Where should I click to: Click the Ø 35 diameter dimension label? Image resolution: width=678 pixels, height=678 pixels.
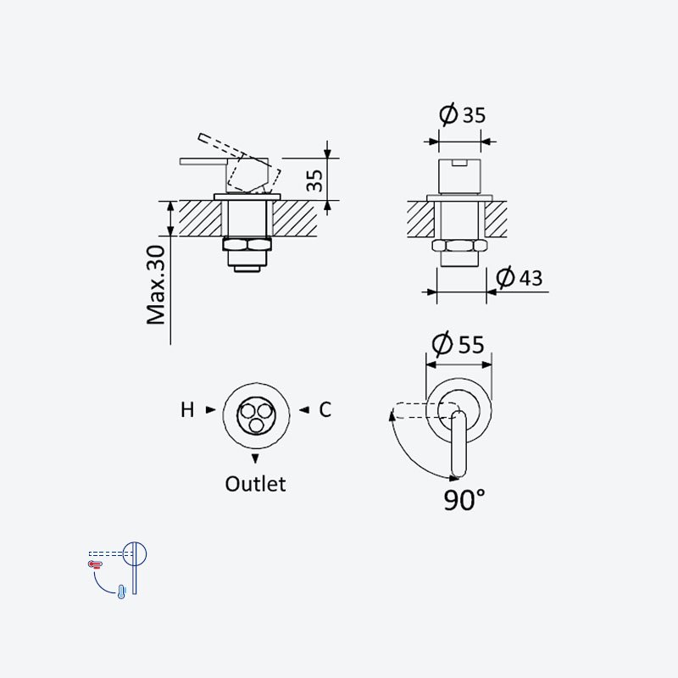(x=462, y=114)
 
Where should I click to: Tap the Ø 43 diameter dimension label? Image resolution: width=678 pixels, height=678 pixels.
(x=519, y=277)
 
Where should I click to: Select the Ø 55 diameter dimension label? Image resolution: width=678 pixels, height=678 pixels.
(x=458, y=344)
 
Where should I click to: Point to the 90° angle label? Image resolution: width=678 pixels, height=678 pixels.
(x=464, y=500)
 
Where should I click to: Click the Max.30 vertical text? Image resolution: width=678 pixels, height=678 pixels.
(x=156, y=285)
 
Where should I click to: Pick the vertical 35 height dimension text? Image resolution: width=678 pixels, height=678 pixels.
(x=314, y=181)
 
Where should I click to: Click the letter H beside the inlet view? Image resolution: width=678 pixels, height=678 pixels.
(x=187, y=410)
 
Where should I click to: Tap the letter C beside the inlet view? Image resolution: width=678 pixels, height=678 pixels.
(x=325, y=409)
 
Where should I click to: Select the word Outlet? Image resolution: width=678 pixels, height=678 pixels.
(x=255, y=484)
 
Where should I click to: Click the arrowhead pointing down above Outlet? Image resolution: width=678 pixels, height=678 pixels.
(x=255, y=458)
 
